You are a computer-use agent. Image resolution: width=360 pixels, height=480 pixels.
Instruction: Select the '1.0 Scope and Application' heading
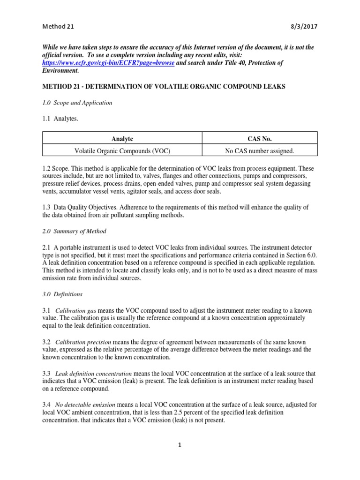point(77,103)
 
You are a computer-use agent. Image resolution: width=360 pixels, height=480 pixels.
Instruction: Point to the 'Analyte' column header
point(122,139)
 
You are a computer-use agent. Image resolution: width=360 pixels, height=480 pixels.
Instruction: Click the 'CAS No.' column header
point(259,139)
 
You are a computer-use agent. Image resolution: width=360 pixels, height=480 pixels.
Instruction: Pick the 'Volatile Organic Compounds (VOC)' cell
point(122,150)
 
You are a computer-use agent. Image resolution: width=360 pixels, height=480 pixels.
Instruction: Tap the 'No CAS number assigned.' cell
point(259,150)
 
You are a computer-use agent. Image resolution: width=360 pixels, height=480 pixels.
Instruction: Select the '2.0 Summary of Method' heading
point(74,231)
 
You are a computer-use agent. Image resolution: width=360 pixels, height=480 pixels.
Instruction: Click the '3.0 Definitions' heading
point(62,294)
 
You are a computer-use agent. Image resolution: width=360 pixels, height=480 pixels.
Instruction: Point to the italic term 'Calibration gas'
point(76,311)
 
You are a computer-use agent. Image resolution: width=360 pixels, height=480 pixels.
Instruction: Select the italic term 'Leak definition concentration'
point(93,374)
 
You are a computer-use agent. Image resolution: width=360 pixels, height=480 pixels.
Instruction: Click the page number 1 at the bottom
point(180,445)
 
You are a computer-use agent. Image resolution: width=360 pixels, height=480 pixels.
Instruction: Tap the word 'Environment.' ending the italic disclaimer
point(60,71)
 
